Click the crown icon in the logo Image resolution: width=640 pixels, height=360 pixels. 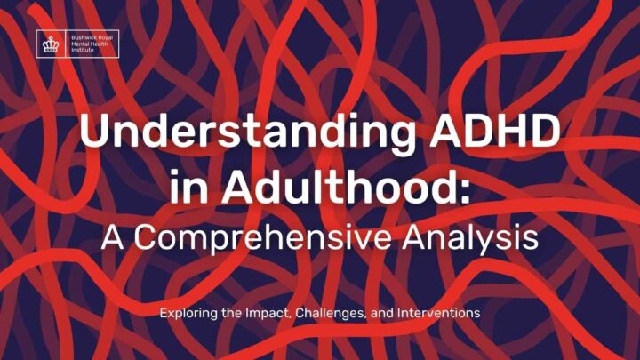(x=51, y=44)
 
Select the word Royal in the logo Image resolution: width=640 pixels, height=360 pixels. (x=105, y=38)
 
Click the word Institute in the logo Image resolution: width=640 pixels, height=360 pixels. (x=83, y=50)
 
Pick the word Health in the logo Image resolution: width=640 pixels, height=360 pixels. (x=99, y=44)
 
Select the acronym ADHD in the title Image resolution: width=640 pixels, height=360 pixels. (x=494, y=130)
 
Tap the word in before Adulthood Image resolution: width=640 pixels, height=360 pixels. (x=189, y=188)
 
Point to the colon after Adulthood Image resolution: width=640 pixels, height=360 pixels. (x=465, y=191)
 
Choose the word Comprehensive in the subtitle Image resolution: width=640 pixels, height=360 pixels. (x=263, y=239)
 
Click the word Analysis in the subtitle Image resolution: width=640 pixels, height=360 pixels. (x=470, y=239)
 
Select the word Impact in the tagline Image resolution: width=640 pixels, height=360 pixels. (x=269, y=313)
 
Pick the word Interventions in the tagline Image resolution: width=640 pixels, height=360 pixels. (x=439, y=313)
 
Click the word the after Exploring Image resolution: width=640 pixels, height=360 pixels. (x=231, y=313)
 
